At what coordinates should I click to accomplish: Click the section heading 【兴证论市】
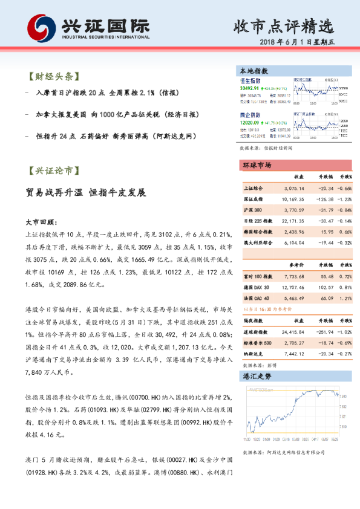(54, 171)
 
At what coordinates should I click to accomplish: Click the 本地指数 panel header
(254, 71)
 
